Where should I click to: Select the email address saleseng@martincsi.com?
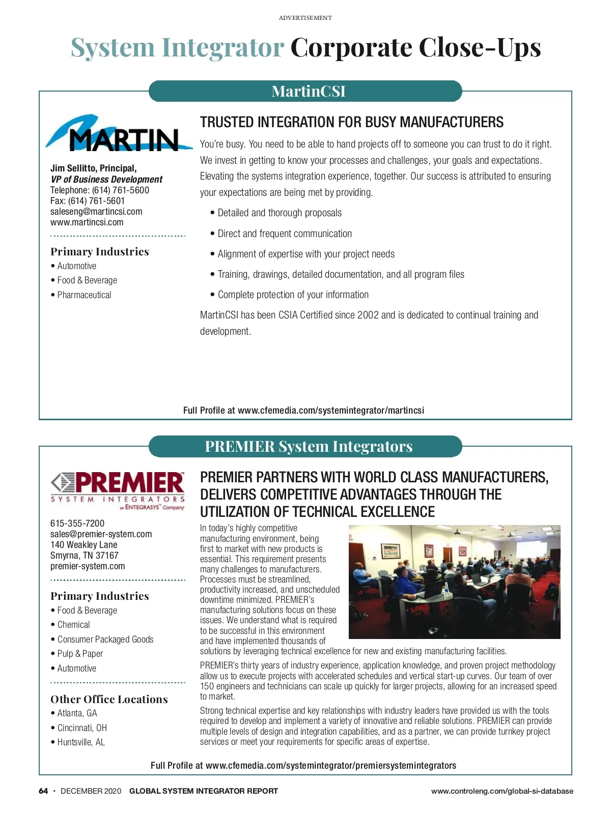96,212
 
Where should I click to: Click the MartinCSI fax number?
88,201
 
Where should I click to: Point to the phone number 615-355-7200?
77,524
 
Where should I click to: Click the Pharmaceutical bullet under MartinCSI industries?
84,295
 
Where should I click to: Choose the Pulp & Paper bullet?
80,654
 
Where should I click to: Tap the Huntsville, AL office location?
81,742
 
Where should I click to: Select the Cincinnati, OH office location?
82,728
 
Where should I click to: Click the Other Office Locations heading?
109,700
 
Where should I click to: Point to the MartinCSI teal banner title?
309,92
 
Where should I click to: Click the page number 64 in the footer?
43,791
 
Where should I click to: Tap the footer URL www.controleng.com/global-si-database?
502,791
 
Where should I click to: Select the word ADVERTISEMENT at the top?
305,18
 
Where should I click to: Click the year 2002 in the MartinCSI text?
368,315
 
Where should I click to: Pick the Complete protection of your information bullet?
293,295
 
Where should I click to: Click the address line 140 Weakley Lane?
84,545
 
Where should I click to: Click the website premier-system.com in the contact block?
88,566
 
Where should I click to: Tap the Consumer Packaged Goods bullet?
105,639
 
